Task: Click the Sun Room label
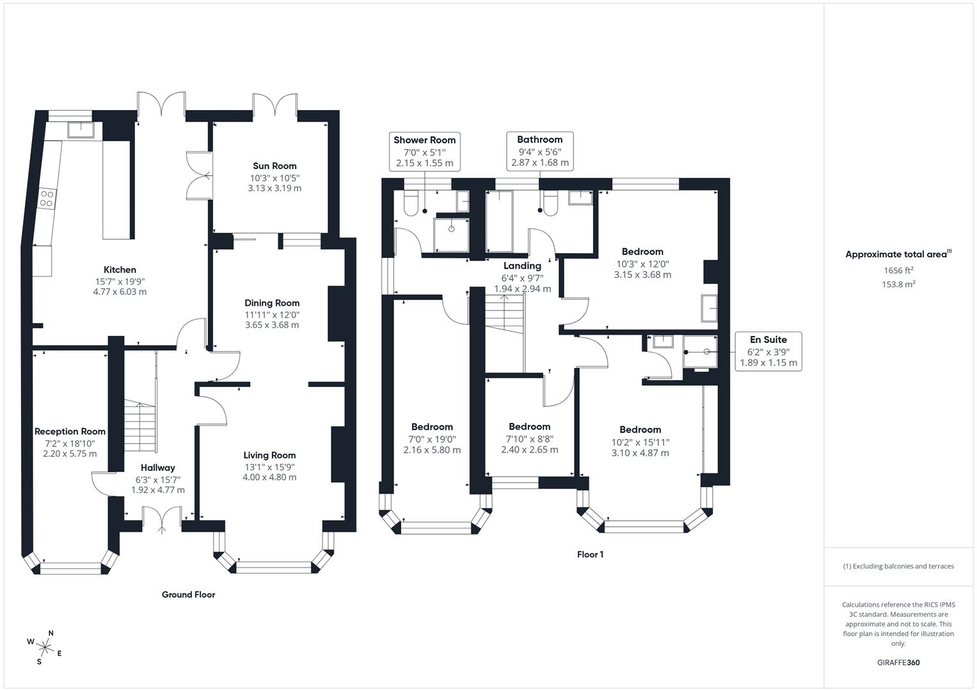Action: (x=274, y=166)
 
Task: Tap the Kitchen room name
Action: (x=120, y=269)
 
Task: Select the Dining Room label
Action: (x=272, y=303)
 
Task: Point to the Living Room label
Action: (x=269, y=456)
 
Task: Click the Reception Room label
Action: (x=70, y=431)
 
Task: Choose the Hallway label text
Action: (x=157, y=468)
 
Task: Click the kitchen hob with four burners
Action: (x=46, y=198)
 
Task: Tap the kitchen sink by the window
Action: (x=81, y=130)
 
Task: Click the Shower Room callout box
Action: (x=424, y=152)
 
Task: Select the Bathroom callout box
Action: (x=539, y=151)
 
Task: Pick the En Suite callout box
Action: (x=768, y=351)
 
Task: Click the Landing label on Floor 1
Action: (x=522, y=266)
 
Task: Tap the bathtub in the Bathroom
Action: (x=499, y=221)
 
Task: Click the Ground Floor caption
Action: (x=188, y=594)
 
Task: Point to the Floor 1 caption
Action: (x=590, y=555)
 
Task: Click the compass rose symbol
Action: (x=45, y=647)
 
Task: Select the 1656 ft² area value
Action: (x=898, y=271)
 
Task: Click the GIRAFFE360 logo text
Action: (x=898, y=662)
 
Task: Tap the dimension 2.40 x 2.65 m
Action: (x=530, y=450)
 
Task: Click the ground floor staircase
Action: (x=140, y=425)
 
